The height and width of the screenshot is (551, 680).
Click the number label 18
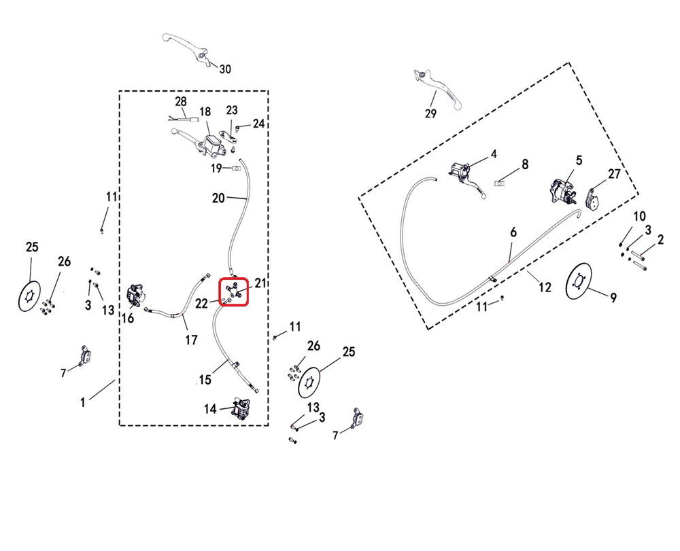pos(205,112)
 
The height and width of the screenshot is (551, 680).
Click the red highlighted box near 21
pos(234,293)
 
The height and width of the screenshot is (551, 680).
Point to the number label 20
pos(218,198)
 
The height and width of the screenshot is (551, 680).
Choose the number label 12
pos(545,287)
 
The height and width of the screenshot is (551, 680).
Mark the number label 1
pos(83,402)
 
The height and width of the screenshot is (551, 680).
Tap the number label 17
pos(191,339)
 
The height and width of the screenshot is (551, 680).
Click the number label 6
pos(513,232)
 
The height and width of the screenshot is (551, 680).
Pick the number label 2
pos(660,240)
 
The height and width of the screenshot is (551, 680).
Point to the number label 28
pos(180,101)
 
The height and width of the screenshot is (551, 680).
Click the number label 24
pos(258,123)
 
